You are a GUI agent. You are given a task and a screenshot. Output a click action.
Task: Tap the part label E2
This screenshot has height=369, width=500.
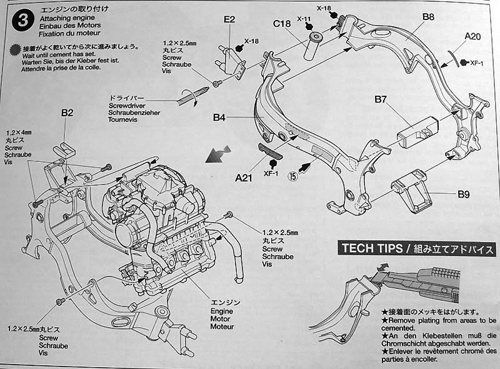click(x=229, y=20)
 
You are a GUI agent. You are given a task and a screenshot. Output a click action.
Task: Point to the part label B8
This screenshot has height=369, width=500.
click(x=427, y=18)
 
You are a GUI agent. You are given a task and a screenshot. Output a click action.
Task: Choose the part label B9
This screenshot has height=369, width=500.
click(x=463, y=195)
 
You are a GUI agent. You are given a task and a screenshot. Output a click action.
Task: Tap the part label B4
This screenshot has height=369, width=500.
click(x=219, y=117)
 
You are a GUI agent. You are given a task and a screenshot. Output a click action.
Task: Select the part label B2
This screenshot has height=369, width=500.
click(x=67, y=113)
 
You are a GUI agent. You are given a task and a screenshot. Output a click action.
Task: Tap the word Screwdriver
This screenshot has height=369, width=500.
click(x=127, y=106)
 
